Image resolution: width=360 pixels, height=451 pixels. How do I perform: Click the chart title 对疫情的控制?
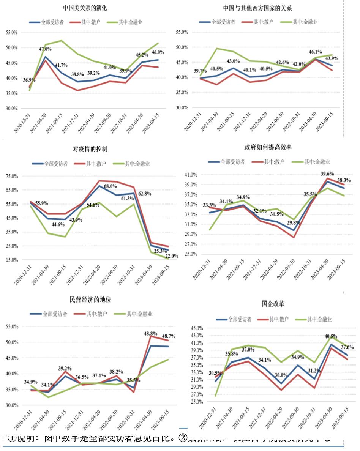(90, 149)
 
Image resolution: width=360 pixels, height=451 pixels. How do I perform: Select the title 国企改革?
(273, 304)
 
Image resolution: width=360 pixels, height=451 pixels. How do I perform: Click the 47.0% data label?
(46, 49)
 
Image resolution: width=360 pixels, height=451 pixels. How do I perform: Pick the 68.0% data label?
(111, 186)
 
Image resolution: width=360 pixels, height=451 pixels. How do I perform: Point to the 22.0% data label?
(171, 256)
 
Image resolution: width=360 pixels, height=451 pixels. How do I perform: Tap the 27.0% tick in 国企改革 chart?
(197, 394)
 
